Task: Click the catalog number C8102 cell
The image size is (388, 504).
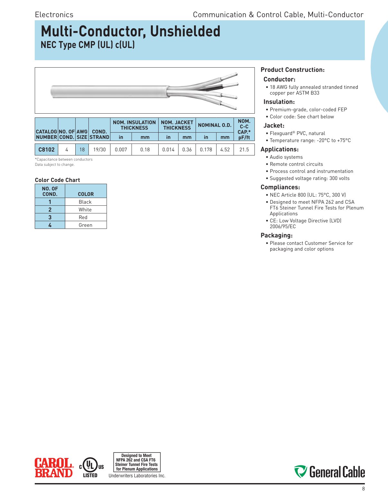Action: tap(46, 150)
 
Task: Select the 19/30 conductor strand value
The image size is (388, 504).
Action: tap(99, 150)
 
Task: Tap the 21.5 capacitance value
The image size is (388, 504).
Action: tap(244, 150)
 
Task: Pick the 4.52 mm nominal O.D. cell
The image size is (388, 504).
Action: tap(225, 150)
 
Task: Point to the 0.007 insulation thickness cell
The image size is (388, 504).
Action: tap(121, 150)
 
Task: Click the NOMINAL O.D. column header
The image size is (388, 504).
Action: tap(215, 125)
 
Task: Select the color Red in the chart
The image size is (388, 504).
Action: tap(83, 218)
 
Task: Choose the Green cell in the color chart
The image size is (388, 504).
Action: tap(85, 225)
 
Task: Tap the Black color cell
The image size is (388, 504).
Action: tap(85, 202)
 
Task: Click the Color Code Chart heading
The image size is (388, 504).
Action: tap(57, 180)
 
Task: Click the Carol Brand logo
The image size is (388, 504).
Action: tap(54, 468)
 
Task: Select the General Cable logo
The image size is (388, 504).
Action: tap(329, 472)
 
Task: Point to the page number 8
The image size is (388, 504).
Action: tap(364, 489)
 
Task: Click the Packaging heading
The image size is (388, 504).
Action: tap(276, 236)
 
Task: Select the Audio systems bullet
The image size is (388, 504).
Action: tap(286, 157)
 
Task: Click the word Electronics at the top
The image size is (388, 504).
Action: tap(54, 15)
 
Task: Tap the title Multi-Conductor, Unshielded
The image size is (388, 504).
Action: tap(130, 32)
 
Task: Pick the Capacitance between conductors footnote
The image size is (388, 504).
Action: tap(64, 160)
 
